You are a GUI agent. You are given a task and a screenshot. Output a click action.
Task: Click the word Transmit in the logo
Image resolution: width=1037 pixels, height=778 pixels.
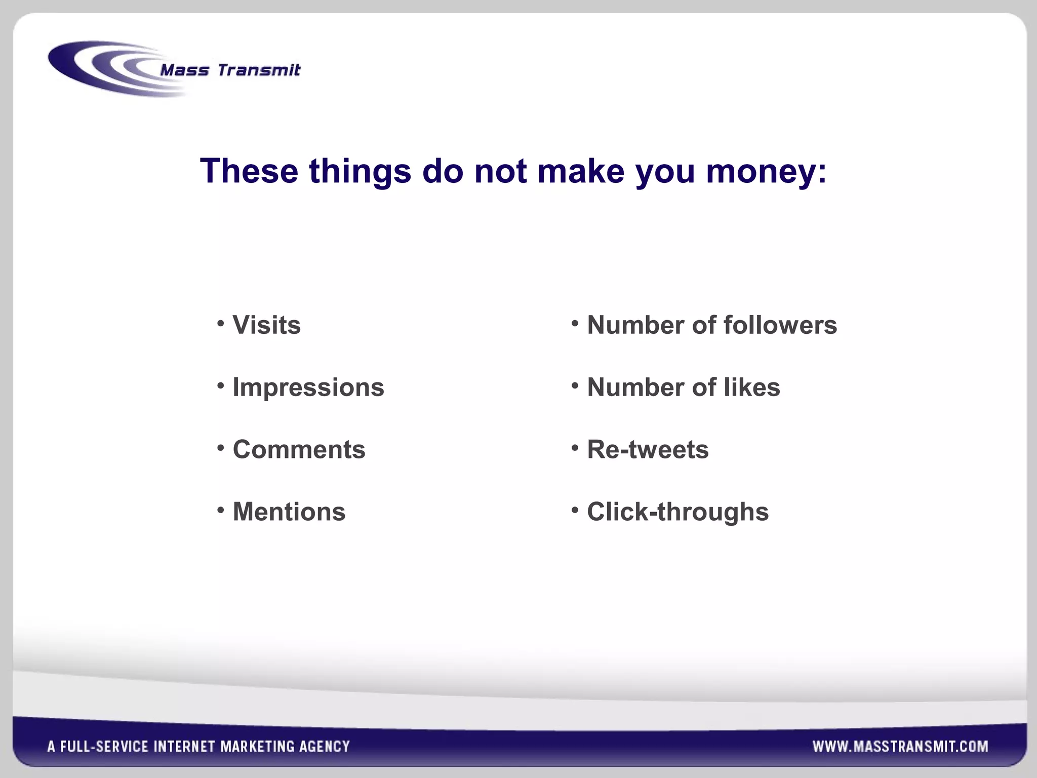[259, 69]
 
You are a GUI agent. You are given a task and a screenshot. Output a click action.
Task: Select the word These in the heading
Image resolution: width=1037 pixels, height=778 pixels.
[249, 171]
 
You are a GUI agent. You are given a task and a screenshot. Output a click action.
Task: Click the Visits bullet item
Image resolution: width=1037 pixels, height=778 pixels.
[266, 325]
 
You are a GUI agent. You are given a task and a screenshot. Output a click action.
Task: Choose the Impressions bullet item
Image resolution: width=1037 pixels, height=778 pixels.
[308, 387]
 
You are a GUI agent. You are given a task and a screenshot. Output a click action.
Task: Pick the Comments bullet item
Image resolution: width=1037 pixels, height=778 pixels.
[299, 449]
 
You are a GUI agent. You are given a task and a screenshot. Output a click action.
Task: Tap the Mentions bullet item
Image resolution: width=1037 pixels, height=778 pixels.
[289, 512]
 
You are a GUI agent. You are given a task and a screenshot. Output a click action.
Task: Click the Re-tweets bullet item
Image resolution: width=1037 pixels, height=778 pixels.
[648, 449]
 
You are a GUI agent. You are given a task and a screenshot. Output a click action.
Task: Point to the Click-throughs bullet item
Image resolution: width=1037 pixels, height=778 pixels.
[677, 512]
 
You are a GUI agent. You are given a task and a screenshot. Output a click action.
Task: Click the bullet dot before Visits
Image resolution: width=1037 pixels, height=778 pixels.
[221, 323]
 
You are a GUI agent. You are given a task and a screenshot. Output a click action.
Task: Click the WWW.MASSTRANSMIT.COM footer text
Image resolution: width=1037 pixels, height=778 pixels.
[900, 746]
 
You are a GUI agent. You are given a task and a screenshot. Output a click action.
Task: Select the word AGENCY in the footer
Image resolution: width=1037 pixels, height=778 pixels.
[325, 746]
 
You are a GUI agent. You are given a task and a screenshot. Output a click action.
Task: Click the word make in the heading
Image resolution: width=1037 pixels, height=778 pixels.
[581, 171]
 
